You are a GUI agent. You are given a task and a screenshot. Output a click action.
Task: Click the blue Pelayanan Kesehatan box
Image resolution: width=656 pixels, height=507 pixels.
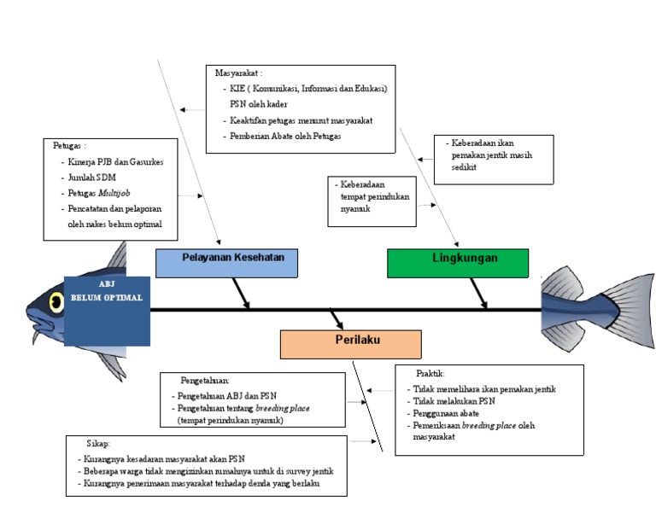[x=226, y=264]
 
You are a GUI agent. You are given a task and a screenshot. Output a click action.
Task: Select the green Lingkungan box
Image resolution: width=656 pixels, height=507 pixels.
[x=458, y=264]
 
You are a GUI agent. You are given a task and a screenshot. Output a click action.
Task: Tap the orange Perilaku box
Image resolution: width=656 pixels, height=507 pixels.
[x=350, y=345]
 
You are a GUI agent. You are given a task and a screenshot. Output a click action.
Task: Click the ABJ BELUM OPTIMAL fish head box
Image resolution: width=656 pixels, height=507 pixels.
[x=107, y=311]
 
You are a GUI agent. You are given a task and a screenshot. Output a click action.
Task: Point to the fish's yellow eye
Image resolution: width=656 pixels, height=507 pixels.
[x=56, y=302]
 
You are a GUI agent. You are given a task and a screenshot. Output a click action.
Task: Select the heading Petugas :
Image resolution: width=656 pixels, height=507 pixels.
[x=69, y=146]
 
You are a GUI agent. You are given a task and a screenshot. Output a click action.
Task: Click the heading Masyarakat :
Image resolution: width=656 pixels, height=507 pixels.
[x=239, y=73]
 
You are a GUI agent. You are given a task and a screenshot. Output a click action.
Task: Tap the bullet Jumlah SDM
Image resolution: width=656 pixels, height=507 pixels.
[x=91, y=178]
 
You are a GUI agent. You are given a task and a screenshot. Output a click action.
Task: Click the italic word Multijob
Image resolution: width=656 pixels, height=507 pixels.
[x=114, y=193]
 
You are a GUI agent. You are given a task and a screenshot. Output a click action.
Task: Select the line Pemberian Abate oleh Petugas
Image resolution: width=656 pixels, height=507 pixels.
[x=285, y=137]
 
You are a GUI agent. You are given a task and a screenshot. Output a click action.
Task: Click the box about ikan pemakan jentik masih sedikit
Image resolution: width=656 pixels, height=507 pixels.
[x=494, y=160]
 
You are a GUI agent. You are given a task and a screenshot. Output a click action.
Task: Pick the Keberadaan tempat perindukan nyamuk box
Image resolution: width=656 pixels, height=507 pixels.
[x=372, y=201]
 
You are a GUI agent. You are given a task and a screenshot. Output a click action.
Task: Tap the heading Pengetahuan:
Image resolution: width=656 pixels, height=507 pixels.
[x=205, y=381]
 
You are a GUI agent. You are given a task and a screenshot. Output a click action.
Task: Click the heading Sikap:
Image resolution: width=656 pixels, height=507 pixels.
[x=98, y=444]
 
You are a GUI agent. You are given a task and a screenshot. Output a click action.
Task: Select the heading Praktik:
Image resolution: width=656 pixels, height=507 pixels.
[x=430, y=373]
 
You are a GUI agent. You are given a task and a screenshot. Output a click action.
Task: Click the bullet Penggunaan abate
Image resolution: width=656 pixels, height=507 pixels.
[x=446, y=413]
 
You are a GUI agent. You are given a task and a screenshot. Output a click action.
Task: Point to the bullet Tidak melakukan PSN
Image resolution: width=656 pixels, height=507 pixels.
[x=454, y=401]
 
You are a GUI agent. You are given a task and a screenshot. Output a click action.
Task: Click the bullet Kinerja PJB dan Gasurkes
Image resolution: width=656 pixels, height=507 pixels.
[x=115, y=162]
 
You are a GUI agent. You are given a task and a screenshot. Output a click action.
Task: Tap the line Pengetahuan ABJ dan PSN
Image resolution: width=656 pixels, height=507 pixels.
[x=227, y=396]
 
